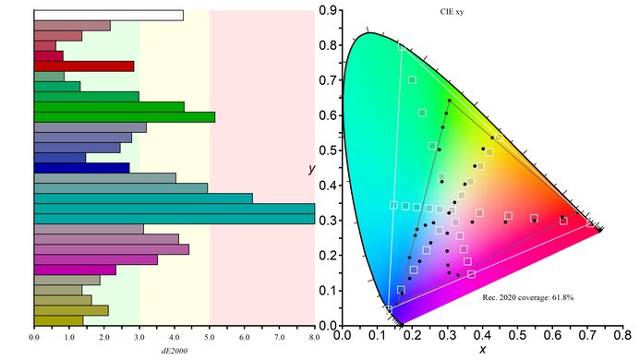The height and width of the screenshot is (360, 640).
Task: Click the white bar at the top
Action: (x=108, y=16)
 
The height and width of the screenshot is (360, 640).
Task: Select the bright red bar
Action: (x=83, y=66)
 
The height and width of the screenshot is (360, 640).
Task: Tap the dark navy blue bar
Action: (x=81, y=168)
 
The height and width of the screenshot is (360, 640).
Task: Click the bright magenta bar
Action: (x=74, y=270)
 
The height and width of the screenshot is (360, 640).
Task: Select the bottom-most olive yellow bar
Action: (x=58, y=320)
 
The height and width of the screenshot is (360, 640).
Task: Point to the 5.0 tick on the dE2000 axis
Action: (x=210, y=337)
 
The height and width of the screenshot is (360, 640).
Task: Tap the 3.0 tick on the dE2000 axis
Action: (x=139, y=337)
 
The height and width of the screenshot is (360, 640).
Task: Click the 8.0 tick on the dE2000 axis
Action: (x=315, y=337)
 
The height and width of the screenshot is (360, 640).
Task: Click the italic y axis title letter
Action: (x=312, y=170)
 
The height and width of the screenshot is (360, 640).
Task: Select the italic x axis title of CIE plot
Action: (x=481, y=349)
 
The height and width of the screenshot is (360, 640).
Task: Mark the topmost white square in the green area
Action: (x=412, y=79)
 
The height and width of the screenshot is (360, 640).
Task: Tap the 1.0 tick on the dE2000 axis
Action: (x=69, y=337)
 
